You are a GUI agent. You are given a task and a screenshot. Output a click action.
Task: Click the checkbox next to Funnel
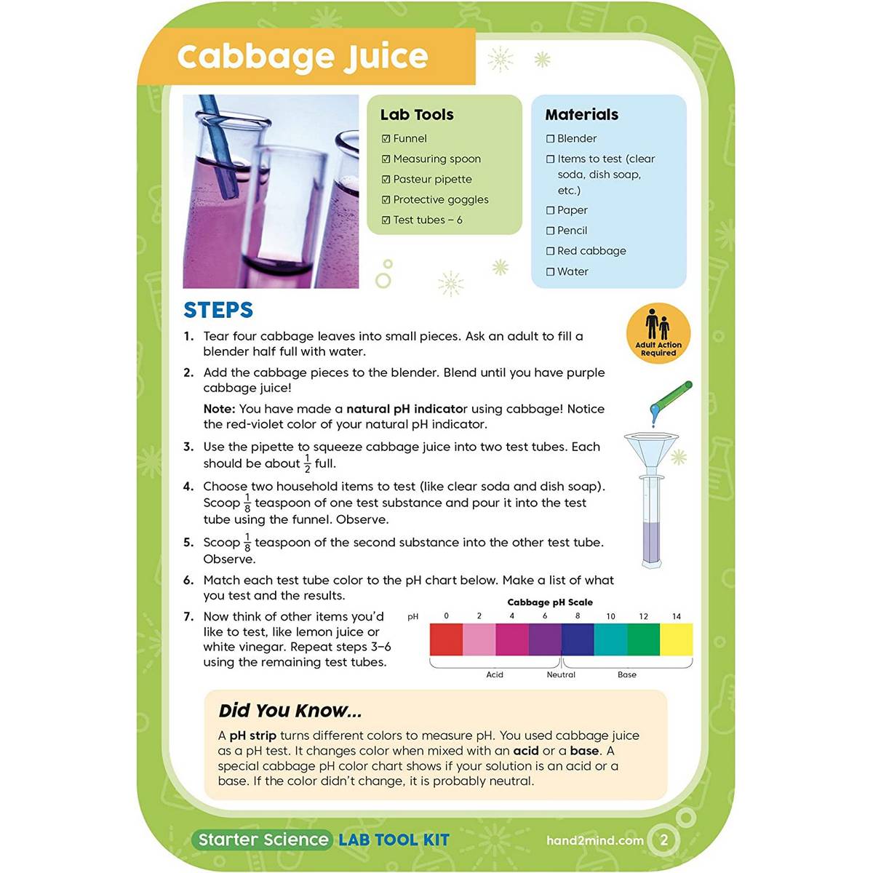click(x=386, y=139)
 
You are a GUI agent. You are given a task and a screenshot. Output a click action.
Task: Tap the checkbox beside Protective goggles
click(x=386, y=200)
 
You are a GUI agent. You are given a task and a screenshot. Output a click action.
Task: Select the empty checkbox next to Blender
click(x=550, y=139)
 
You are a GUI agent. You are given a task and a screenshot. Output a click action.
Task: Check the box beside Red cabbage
click(x=550, y=251)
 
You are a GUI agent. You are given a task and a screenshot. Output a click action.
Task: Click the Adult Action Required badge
click(x=658, y=333)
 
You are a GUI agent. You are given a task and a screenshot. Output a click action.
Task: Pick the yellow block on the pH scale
click(x=676, y=639)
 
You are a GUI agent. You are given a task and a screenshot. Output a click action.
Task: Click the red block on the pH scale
click(x=446, y=639)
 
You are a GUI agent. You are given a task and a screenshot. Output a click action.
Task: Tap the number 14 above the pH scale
click(x=676, y=616)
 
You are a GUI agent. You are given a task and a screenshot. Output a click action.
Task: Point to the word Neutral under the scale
click(x=561, y=675)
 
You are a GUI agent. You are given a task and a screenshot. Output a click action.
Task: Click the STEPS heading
click(x=218, y=310)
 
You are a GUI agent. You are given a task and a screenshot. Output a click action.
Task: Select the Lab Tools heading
click(x=417, y=115)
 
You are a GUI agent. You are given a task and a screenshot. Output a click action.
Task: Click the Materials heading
click(x=581, y=115)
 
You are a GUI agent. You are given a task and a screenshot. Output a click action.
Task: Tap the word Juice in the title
click(x=386, y=57)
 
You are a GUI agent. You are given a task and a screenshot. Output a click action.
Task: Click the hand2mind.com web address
click(x=594, y=840)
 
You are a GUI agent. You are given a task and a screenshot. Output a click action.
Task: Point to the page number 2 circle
click(x=663, y=840)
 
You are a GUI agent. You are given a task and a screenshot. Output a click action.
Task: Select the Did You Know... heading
click(x=290, y=711)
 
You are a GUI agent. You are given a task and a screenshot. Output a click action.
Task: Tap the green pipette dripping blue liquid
click(x=673, y=397)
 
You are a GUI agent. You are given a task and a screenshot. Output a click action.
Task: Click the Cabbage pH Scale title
click(x=549, y=602)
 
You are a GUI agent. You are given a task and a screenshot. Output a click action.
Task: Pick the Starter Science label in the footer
click(x=263, y=840)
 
